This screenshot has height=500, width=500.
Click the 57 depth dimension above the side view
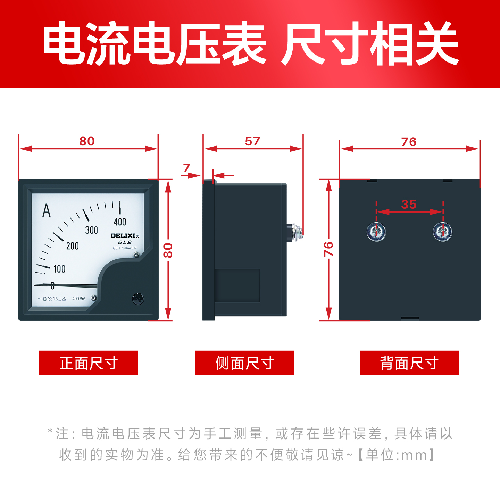click(x=252, y=141)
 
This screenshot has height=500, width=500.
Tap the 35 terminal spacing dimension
click(x=409, y=205)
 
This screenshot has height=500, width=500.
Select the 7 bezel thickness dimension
click(x=187, y=168)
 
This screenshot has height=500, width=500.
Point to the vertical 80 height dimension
click(x=168, y=250)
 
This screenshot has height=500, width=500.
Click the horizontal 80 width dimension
click(x=87, y=141)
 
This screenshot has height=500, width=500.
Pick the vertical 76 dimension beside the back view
click(x=328, y=249)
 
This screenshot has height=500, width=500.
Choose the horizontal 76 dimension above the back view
click(x=409, y=142)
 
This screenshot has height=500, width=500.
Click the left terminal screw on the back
click(x=376, y=232)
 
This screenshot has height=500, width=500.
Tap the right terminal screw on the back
click(x=442, y=232)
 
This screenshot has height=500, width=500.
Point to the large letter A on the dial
click(x=47, y=211)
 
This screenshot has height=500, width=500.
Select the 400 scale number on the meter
click(x=120, y=222)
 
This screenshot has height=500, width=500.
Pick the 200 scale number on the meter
click(x=73, y=246)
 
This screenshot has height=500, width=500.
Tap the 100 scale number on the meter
click(x=59, y=269)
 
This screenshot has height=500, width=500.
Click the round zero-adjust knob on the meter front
click(x=138, y=299)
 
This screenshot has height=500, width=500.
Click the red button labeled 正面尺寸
click(x=88, y=363)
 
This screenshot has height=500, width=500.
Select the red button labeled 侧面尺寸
click(x=244, y=363)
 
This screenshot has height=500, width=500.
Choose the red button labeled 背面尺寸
click(x=409, y=363)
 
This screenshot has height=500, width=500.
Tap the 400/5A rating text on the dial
click(x=79, y=299)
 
